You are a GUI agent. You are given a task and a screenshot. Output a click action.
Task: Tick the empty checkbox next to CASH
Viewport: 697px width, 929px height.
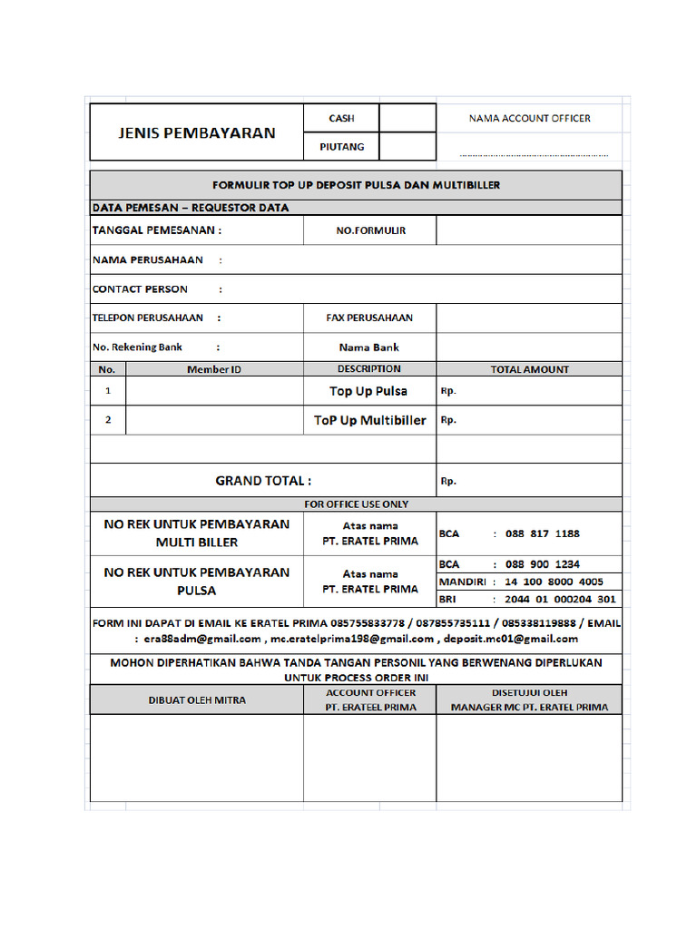(x=407, y=118)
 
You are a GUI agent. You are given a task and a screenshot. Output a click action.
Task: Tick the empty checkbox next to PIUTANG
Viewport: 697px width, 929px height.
(x=407, y=146)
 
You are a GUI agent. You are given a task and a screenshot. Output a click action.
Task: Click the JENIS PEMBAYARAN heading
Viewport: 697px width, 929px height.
(x=196, y=132)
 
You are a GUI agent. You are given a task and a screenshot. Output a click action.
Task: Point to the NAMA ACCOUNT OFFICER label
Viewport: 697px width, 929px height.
(x=529, y=118)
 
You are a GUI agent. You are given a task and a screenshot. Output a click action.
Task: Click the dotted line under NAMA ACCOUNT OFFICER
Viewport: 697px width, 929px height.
(x=534, y=154)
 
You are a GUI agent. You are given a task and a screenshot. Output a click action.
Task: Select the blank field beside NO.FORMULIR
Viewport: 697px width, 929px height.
(x=529, y=230)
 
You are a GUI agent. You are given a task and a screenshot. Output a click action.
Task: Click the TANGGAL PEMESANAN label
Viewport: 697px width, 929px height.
(x=156, y=230)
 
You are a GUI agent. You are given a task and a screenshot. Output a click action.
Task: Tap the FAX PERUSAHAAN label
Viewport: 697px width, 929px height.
(x=369, y=318)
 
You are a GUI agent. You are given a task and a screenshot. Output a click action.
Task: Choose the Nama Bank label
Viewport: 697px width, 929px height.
(x=369, y=347)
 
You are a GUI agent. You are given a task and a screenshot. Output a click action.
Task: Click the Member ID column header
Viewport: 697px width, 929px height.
(x=214, y=369)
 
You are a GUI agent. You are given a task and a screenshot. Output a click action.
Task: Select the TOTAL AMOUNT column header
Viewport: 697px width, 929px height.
(x=529, y=369)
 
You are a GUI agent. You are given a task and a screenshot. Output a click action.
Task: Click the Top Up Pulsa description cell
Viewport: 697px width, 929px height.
(x=368, y=391)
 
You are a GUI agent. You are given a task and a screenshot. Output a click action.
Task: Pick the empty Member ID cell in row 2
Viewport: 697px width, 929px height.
(x=214, y=420)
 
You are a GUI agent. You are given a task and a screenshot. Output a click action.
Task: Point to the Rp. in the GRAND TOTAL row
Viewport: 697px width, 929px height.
(x=448, y=482)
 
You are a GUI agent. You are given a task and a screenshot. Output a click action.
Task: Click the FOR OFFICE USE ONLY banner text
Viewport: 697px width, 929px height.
(x=356, y=504)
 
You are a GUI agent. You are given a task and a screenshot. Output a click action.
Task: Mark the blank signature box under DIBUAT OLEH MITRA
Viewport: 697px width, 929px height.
(x=196, y=758)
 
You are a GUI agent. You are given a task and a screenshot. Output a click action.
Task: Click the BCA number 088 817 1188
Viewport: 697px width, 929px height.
(x=542, y=533)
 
